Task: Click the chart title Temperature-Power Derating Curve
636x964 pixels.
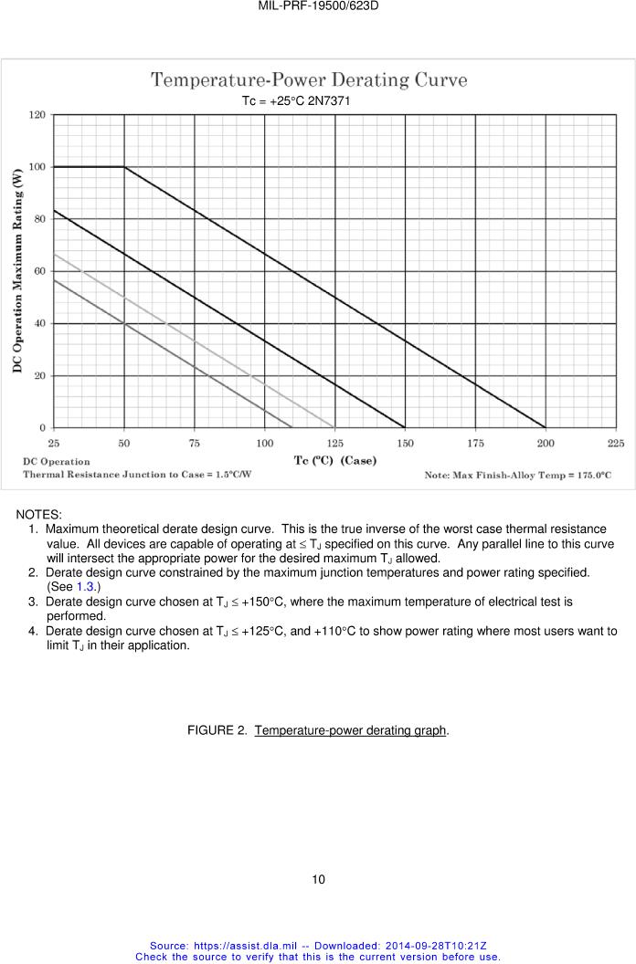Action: (309, 80)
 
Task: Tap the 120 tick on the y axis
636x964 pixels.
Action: (37, 115)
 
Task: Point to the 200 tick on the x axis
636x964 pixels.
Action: (546, 443)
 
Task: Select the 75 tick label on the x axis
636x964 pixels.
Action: (195, 443)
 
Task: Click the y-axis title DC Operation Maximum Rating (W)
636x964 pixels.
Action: (16, 270)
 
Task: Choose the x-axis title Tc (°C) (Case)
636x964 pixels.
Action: (334, 460)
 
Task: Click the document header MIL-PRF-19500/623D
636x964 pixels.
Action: (318, 5)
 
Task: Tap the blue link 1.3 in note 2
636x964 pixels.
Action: (85, 586)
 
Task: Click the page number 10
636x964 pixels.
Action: (318, 880)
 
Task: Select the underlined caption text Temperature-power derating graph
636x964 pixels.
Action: (351, 730)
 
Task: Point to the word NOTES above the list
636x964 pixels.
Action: (38, 516)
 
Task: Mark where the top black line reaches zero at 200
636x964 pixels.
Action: (546, 427)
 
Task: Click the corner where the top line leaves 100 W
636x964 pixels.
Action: (124, 167)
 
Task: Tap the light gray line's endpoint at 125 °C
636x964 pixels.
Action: (334, 427)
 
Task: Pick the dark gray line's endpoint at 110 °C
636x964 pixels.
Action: (292, 427)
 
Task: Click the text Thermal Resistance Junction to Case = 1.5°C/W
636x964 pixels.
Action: (137, 475)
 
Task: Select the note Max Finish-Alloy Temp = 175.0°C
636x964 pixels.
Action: (517, 475)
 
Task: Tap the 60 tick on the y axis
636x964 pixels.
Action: (39, 271)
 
